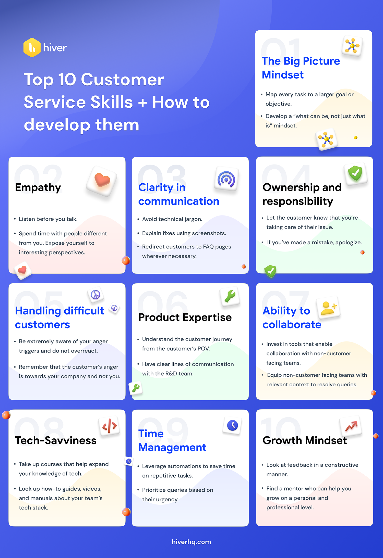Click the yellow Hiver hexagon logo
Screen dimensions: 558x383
click(32, 47)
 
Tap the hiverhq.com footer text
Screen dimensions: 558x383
click(191, 542)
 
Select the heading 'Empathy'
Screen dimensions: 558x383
click(38, 187)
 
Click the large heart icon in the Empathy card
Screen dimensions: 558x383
click(102, 180)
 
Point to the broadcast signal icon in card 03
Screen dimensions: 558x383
click(226, 179)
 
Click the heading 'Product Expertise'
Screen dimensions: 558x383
click(185, 318)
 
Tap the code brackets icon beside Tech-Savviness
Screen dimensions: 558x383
click(110, 426)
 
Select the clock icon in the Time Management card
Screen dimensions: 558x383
click(232, 425)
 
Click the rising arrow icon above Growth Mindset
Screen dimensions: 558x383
click(351, 426)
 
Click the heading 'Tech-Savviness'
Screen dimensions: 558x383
click(56, 440)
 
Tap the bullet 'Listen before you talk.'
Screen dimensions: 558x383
click(48, 219)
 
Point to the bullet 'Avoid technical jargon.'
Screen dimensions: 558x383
click(172, 219)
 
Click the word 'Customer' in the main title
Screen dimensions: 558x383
click(122, 80)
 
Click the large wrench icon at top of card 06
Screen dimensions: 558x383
click(230, 296)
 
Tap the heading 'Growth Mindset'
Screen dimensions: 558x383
click(305, 440)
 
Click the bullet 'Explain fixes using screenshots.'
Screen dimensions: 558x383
click(184, 233)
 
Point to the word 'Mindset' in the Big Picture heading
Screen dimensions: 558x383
click(283, 75)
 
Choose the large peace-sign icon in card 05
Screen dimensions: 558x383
click(95, 295)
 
